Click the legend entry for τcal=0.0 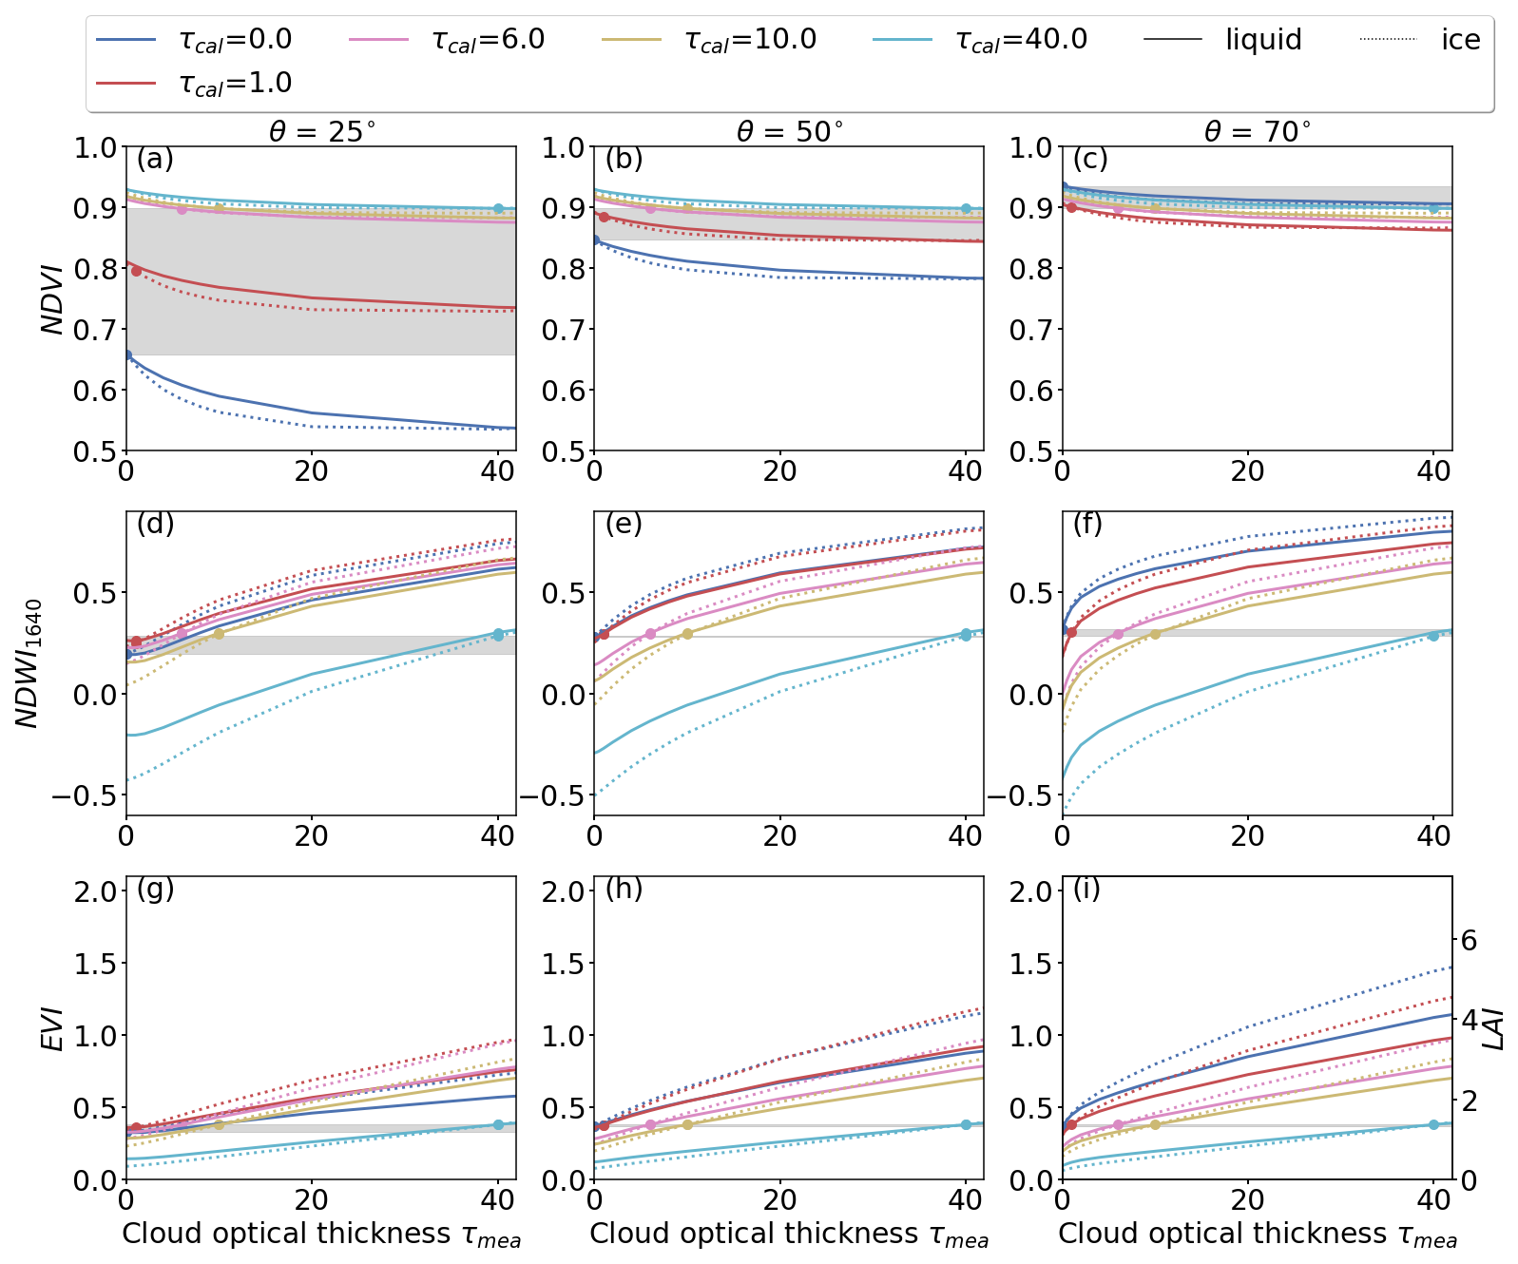[x=195, y=40]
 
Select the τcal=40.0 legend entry [x=979, y=40]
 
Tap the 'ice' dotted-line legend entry [x=1421, y=40]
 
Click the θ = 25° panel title [x=322, y=131]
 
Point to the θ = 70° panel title [x=1258, y=131]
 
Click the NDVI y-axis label [x=53, y=299]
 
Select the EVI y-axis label [x=53, y=1028]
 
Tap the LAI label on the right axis [x=1496, y=1028]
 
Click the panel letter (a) [x=155, y=159]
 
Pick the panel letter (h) [x=624, y=889]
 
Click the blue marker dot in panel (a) [x=127, y=354]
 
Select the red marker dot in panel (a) [x=136, y=271]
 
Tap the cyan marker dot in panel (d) [x=498, y=634]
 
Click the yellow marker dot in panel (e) [x=687, y=634]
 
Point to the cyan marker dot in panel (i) [x=1433, y=1124]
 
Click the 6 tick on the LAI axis [x=1469, y=941]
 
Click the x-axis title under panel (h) [x=789, y=1234]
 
